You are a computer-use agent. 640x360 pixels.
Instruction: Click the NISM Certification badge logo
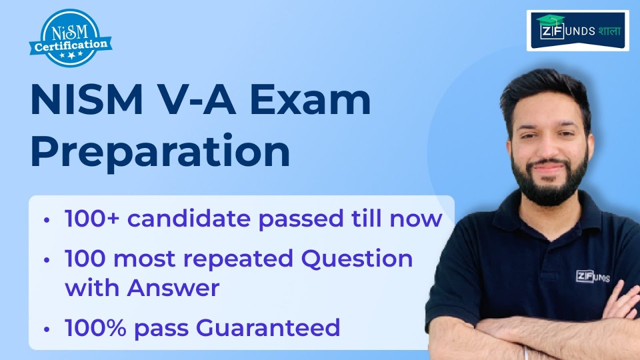pyautogui.click(x=69, y=37)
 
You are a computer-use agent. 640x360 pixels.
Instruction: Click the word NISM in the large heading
pyautogui.click(x=86, y=101)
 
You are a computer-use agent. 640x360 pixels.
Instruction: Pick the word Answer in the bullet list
pyautogui.click(x=173, y=288)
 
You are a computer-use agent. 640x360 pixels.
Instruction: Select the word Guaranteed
pyautogui.click(x=268, y=327)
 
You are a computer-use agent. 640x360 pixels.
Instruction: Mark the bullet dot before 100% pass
pyautogui.click(x=46, y=329)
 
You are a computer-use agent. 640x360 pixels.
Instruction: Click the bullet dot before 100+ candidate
pyautogui.click(x=46, y=220)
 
